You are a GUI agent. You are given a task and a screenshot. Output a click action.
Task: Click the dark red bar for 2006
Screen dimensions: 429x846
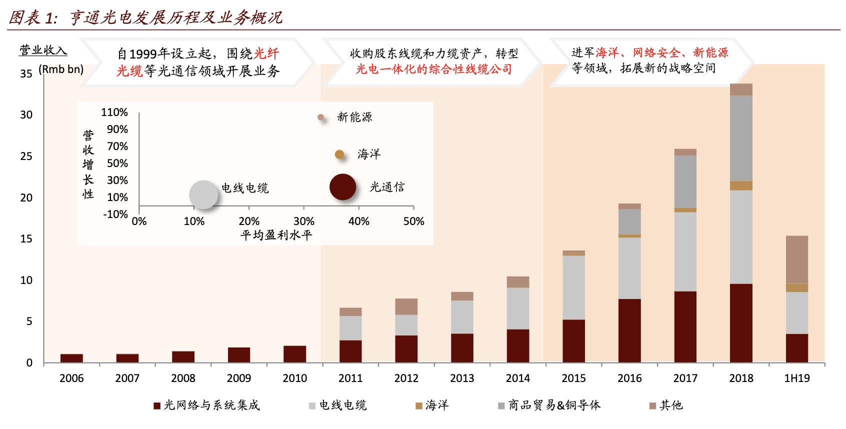(x=71, y=358)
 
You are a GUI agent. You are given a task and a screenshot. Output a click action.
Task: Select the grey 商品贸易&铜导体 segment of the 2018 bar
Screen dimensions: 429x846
(x=741, y=138)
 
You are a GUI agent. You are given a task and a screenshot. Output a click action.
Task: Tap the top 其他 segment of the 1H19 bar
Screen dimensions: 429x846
(x=796, y=259)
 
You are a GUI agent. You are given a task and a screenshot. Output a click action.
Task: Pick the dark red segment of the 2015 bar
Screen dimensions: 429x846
(x=573, y=341)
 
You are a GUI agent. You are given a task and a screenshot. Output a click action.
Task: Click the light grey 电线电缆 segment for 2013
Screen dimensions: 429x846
(x=462, y=316)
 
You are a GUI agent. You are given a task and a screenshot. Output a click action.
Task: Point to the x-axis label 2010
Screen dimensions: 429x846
(x=294, y=378)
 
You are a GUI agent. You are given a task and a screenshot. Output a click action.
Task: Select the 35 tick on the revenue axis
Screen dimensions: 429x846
(x=26, y=73)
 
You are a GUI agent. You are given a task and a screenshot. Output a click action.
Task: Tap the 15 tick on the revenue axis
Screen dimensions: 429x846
(x=26, y=239)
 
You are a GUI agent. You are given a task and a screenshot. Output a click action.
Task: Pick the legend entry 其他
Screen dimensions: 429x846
(x=665, y=405)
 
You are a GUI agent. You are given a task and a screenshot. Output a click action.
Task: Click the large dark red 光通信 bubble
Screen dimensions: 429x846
(x=343, y=187)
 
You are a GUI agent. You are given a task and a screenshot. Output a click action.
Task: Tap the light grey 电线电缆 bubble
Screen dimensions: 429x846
(x=204, y=194)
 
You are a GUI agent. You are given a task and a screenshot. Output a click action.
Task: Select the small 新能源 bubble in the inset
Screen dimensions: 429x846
(x=321, y=117)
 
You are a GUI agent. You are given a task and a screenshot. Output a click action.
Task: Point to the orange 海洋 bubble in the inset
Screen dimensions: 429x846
(x=339, y=154)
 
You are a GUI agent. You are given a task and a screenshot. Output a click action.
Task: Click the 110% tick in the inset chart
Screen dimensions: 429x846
(x=114, y=112)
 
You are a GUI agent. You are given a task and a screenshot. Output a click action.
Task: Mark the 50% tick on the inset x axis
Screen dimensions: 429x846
(x=413, y=221)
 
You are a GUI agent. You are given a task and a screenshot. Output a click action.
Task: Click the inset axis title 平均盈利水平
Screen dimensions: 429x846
(x=276, y=235)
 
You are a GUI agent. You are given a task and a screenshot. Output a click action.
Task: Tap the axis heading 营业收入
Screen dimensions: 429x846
(x=43, y=50)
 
